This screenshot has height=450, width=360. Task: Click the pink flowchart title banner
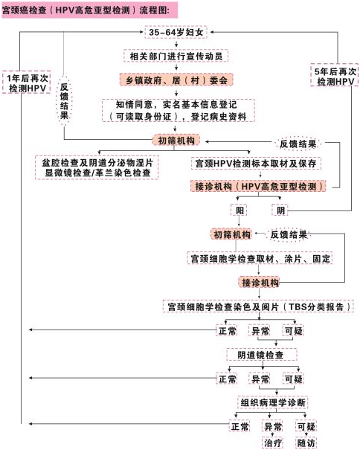point(89,10)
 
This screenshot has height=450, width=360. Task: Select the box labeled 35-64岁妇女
point(176,32)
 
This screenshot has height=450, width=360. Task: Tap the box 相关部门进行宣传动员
point(176,56)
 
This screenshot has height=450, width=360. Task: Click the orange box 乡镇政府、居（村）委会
point(176,80)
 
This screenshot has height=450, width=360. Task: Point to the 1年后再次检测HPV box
point(27,83)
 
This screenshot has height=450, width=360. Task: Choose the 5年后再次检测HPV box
point(335,75)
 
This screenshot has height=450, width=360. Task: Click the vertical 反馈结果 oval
point(64,100)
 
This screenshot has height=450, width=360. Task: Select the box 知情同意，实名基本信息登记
point(179,111)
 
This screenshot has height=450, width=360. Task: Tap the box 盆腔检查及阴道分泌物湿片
point(97,167)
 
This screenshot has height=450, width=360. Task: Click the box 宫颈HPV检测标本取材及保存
point(256,164)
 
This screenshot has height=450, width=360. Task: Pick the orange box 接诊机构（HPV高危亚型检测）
point(258,186)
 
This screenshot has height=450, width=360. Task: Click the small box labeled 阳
point(240,210)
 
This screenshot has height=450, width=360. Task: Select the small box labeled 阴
point(280,210)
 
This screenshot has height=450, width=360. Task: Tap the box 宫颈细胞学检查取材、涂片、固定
point(260,258)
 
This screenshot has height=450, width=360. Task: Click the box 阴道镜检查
point(262,355)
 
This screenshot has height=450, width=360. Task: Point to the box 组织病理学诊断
point(273,402)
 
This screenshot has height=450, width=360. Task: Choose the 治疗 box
point(273,443)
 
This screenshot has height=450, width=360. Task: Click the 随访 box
point(306,443)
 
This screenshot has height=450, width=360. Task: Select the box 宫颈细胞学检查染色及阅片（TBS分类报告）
point(258,306)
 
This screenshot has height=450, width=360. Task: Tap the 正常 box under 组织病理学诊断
point(240,426)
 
